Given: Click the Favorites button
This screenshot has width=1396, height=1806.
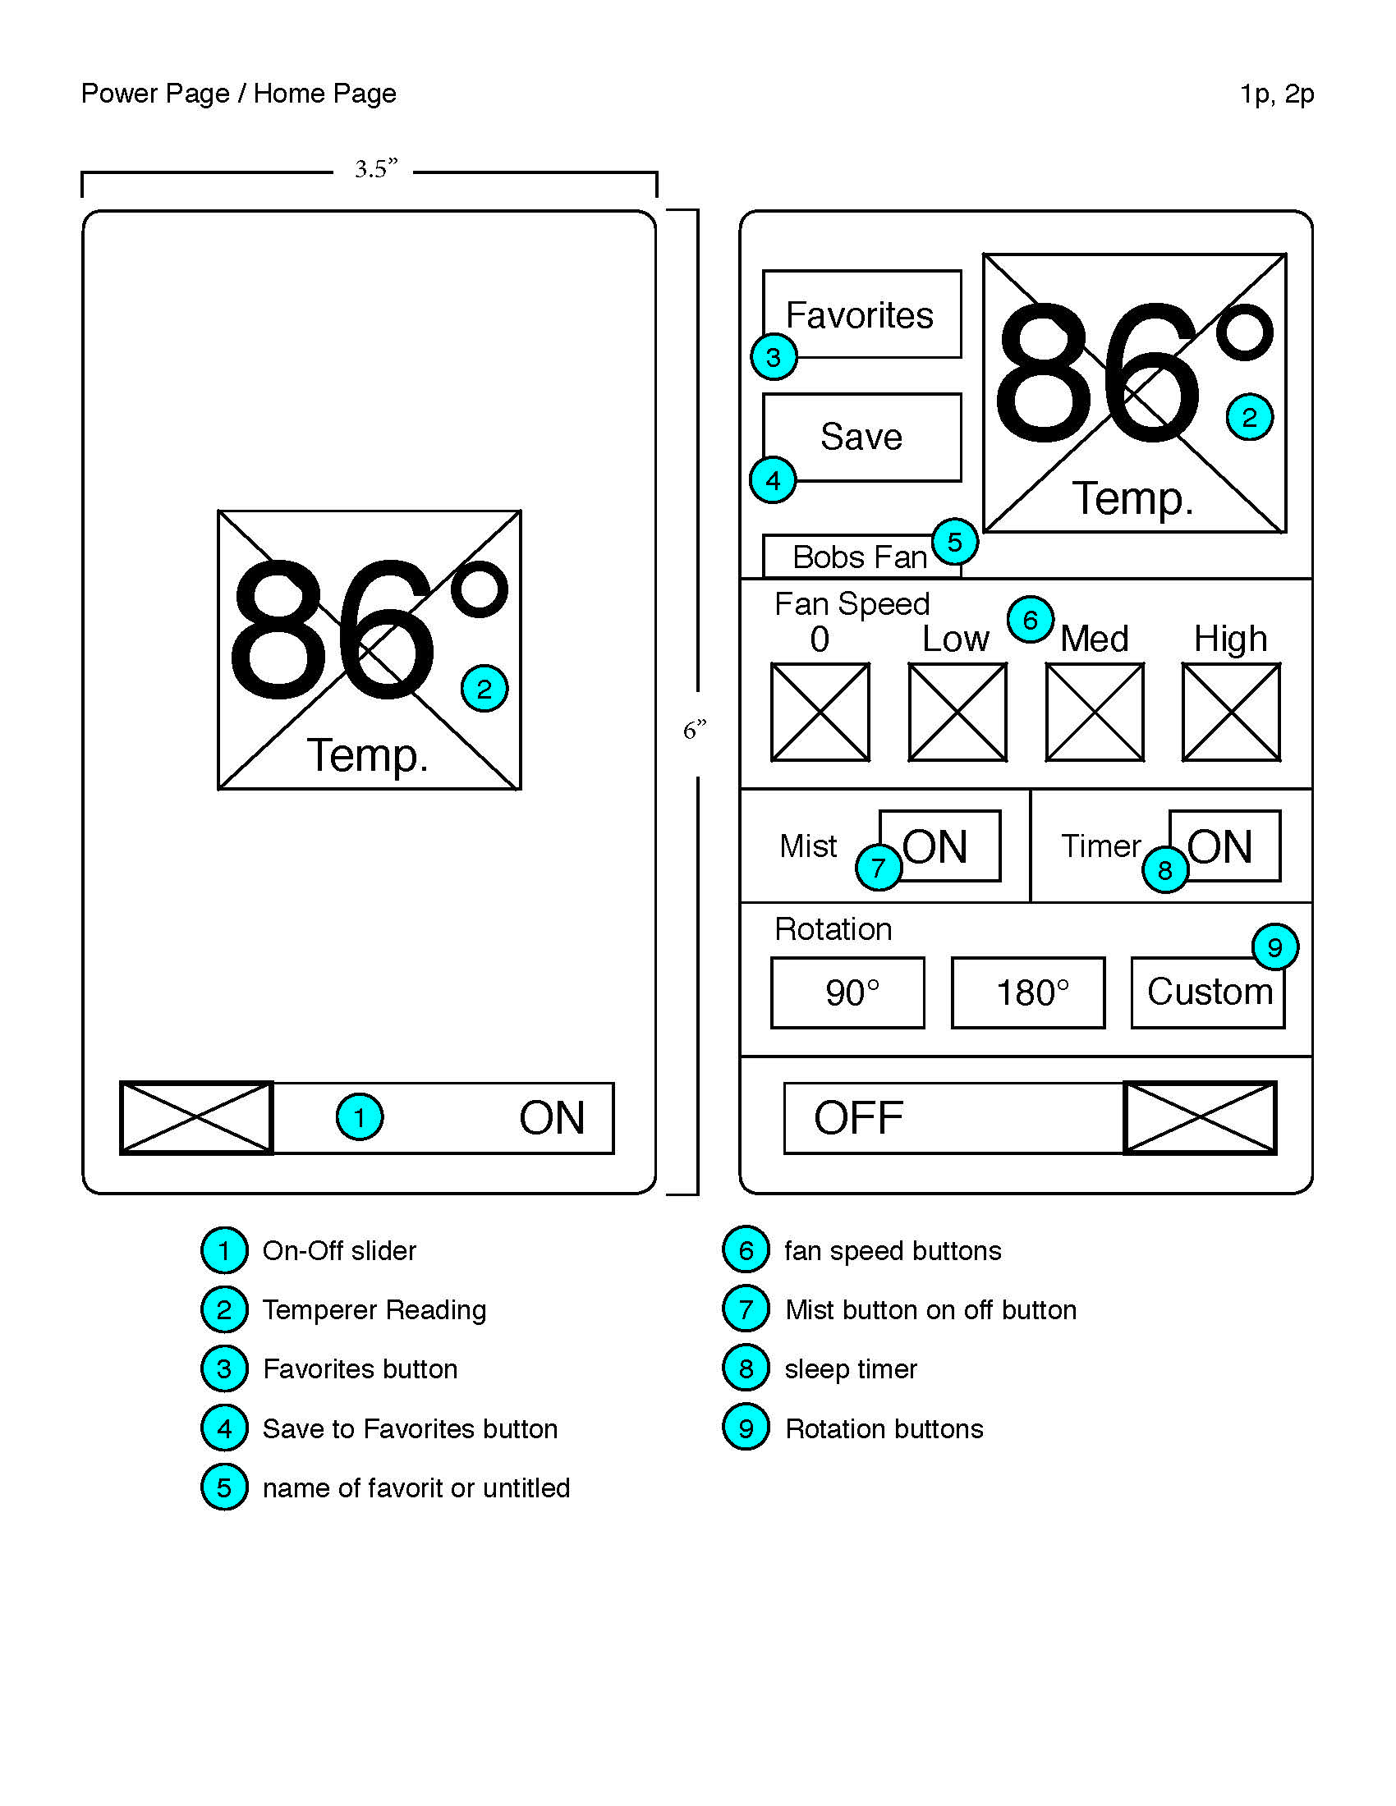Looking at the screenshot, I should (861, 314).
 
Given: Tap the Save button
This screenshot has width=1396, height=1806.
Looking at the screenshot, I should (861, 437).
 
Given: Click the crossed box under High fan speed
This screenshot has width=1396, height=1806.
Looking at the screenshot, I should (1231, 712).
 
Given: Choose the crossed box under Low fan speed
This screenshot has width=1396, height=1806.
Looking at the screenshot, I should (957, 712).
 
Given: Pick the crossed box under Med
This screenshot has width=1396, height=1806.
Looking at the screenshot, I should (1094, 712).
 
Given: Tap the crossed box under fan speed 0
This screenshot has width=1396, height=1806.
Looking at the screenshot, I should (820, 712).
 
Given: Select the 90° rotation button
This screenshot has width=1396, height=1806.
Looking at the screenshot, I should (847, 992).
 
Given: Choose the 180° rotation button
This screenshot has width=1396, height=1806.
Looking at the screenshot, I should (1028, 992).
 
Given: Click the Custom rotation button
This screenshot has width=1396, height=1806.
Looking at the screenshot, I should (1207, 992).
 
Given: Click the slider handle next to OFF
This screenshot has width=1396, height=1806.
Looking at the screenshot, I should (1200, 1118).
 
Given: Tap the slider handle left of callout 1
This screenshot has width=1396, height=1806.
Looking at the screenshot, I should (197, 1118).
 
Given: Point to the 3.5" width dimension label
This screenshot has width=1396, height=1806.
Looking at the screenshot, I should (375, 170).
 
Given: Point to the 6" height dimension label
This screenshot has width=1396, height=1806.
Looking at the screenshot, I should (695, 730).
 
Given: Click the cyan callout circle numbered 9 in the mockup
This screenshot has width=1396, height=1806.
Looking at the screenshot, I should (1274, 947).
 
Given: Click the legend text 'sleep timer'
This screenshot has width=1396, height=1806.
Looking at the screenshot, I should (850, 1369).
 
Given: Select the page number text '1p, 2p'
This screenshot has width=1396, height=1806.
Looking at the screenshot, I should (1276, 94).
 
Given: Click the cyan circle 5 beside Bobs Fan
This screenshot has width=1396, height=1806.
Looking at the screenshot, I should (954, 543).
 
